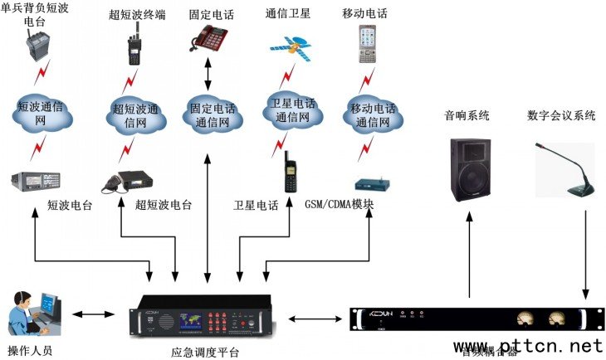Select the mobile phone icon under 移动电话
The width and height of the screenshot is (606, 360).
click(x=368, y=44)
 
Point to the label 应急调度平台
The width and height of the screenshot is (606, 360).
click(x=205, y=352)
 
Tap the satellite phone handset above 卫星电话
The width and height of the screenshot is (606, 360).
click(x=289, y=173)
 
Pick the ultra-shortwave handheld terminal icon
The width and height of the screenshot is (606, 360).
click(x=133, y=46)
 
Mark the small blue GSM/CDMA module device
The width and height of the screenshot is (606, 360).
click(x=370, y=185)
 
